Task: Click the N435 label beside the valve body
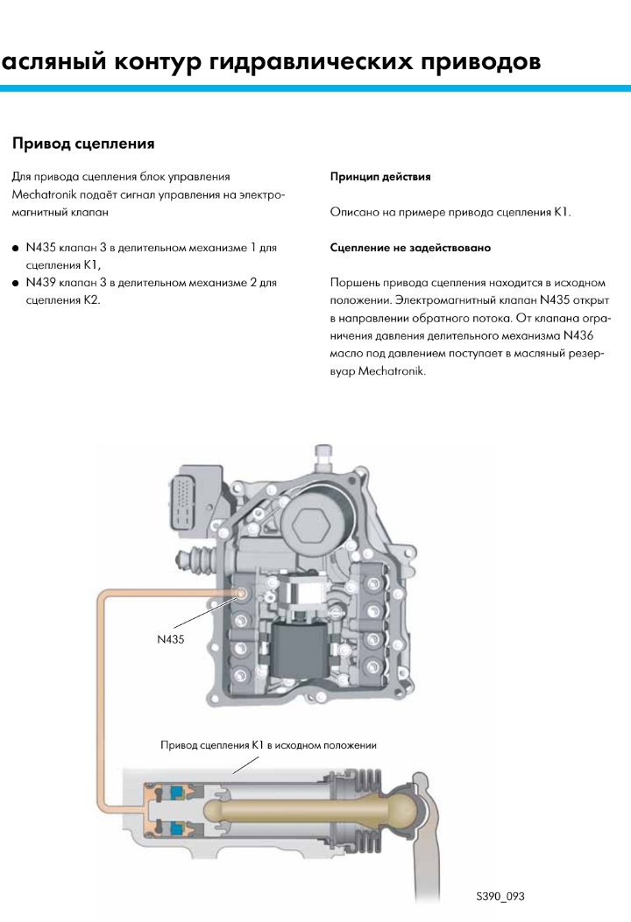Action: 170,640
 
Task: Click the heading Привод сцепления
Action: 83,143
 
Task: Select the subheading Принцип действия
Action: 379,177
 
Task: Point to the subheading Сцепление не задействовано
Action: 410,248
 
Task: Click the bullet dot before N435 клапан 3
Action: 16,249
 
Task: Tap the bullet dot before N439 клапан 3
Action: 16,284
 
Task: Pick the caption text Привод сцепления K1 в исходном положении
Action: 269,745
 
